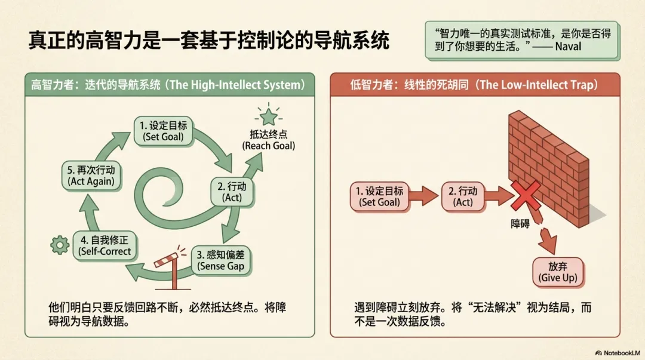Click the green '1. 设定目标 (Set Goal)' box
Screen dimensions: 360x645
tap(164, 131)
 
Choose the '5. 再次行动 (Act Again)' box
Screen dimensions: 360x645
tap(91, 175)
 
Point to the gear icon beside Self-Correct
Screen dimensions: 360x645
tap(60, 244)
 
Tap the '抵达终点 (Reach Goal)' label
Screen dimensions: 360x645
tap(268, 139)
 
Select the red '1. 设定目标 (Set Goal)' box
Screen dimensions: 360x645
tap(379, 196)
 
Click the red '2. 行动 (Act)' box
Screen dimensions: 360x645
tap(463, 196)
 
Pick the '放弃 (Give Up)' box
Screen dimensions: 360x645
tap(557, 272)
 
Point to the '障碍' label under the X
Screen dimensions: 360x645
tap(520, 226)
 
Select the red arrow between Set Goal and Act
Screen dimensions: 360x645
tap(425, 196)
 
